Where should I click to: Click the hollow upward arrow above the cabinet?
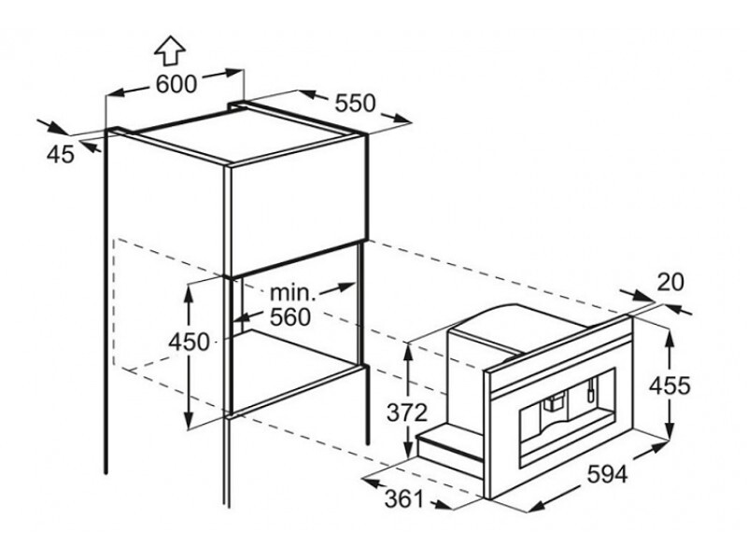click(x=170, y=51)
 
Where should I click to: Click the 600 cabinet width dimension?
click(x=176, y=85)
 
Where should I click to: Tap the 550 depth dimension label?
click(x=356, y=103)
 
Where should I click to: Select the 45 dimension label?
click(x=61, y=154)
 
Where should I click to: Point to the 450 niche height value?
click(x=190, y=342)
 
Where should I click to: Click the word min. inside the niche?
click(x=293, y=292)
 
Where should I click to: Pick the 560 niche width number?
click(x=290, y=317)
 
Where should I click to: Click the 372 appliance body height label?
click(x=407, y=413)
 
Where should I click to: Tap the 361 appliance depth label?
click(x=404, y=498)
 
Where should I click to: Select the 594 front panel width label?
click(x=607, y=474)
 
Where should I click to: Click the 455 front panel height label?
click(x=669, y=385)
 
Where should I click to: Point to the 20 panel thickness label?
click(x=670, y=282)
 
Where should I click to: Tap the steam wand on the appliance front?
click(x=591, y=387)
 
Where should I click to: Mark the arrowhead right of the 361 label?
click(x=442, y=505)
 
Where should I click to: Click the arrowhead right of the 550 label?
click(x=401, y=119)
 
